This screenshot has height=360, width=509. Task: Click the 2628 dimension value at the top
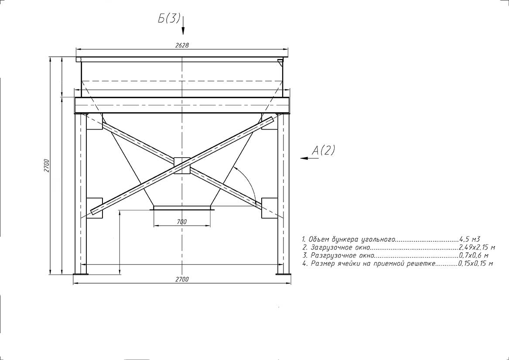[182, 45]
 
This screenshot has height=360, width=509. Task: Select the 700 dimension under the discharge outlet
[182, 222]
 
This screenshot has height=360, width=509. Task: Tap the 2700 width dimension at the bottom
[182, 279]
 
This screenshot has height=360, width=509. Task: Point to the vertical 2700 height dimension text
[47, 165]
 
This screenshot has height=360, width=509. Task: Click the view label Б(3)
[169, 18]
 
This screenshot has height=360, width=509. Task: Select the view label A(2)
[323, 150]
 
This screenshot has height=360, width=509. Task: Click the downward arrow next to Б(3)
[183, 25]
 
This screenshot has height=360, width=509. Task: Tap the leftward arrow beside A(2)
[309, 158]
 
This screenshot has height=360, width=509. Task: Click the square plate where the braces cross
[182, 165]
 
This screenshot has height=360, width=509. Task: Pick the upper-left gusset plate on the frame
[94, 121]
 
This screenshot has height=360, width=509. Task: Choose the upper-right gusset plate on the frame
[270, 121]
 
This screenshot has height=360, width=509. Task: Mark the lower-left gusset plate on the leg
[94, 208]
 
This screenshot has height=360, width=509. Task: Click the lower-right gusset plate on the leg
[270, 208]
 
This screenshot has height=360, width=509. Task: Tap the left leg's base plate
[81, 274]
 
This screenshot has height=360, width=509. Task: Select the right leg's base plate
[284, 274]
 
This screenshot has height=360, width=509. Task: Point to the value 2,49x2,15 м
[477, 248]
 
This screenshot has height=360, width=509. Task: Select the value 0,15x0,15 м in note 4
[475, 264]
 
